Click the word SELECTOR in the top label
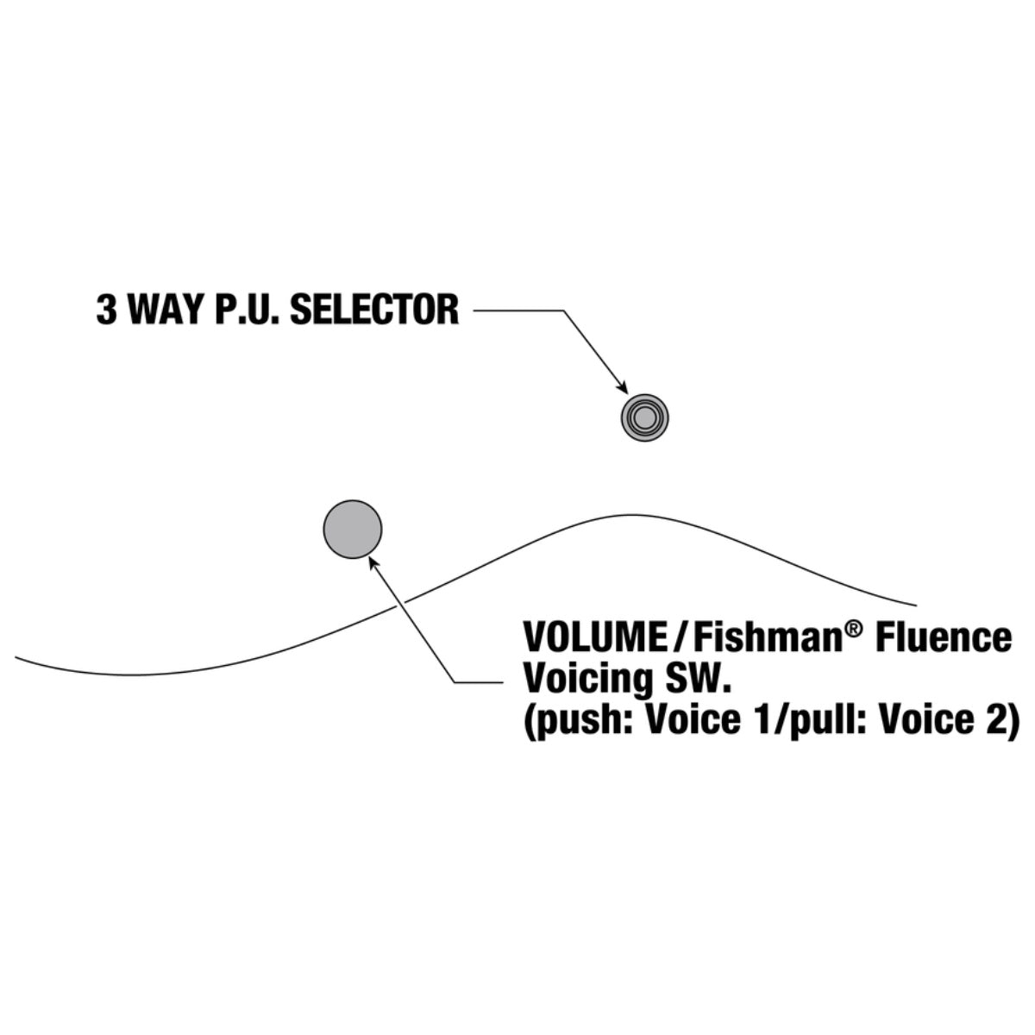[374, 310]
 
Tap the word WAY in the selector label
[167, 310]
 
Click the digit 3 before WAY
[106, 310]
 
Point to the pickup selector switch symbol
[644, 417]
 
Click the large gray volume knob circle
[353, 529]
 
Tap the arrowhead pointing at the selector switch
[623, 387]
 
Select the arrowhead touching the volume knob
[373, 563]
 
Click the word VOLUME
[593, 637]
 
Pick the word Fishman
[767, 637]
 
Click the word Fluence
[944, 637]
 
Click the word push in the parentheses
[582, 721]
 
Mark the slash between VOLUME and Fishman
[679, 637]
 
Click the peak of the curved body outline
[633, 515]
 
